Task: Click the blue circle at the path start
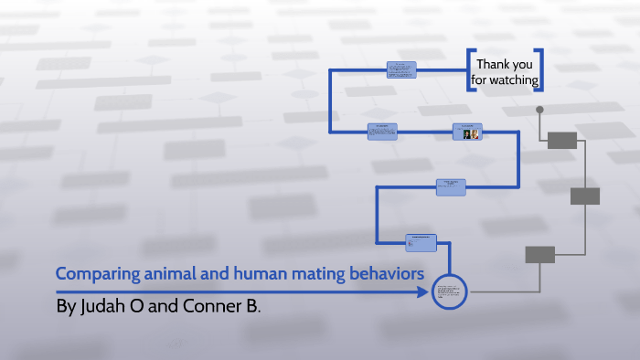[x=450, y=292]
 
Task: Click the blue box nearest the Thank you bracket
[x=401, y=69]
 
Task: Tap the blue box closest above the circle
[x=421, y=242]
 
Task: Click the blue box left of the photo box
[x=382, y=132]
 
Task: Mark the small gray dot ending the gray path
[x=539, y=110]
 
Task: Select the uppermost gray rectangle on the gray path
[x=561, y=140]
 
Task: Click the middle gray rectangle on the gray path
[x=584, y=196]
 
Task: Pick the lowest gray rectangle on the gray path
[x=539, y=255]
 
